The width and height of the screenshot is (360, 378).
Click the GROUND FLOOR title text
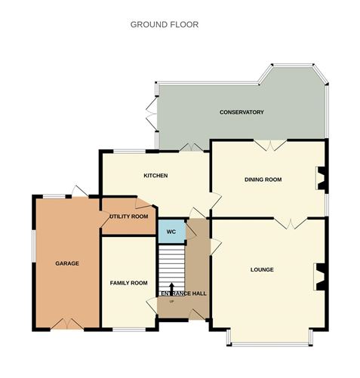165,24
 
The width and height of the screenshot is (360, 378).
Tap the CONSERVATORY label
242,112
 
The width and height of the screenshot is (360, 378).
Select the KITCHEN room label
155,176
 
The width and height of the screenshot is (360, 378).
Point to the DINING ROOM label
263,180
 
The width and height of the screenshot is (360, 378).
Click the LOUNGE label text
262,269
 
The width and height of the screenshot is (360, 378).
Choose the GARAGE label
66,263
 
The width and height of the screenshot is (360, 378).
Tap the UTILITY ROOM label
128,217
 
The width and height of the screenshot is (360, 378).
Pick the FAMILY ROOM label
128,283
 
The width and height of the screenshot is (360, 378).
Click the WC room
171,231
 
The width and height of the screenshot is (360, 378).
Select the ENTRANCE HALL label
183,293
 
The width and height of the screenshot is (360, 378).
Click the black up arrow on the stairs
172,290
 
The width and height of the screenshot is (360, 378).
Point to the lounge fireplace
320,276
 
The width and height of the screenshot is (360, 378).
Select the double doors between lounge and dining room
287,223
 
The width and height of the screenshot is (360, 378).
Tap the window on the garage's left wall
32,249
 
